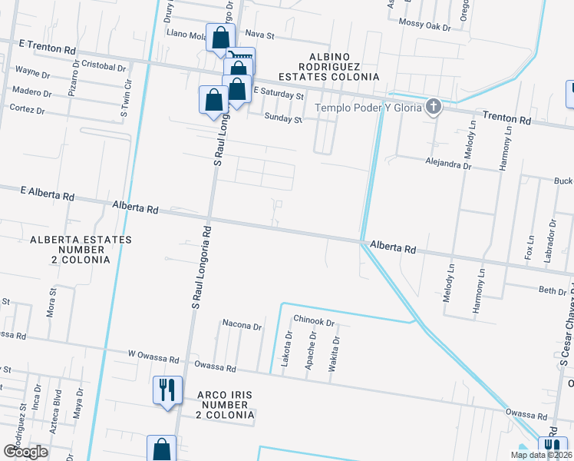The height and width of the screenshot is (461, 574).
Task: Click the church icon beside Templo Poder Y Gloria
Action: [x=434, y=107]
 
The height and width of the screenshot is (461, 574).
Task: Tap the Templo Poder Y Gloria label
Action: [x=379, y=108]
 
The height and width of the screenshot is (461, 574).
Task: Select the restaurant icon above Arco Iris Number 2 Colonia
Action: [x=167, y=390]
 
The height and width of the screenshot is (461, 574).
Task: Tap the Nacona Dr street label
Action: [x=242, y=325]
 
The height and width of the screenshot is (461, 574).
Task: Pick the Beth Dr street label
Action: [x=552, y=290]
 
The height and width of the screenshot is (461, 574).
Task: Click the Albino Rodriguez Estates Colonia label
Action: [x=343, y=68]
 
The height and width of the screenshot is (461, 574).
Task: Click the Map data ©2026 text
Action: [x=540, y=455]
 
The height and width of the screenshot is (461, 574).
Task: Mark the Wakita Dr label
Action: [x=333, y=354]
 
